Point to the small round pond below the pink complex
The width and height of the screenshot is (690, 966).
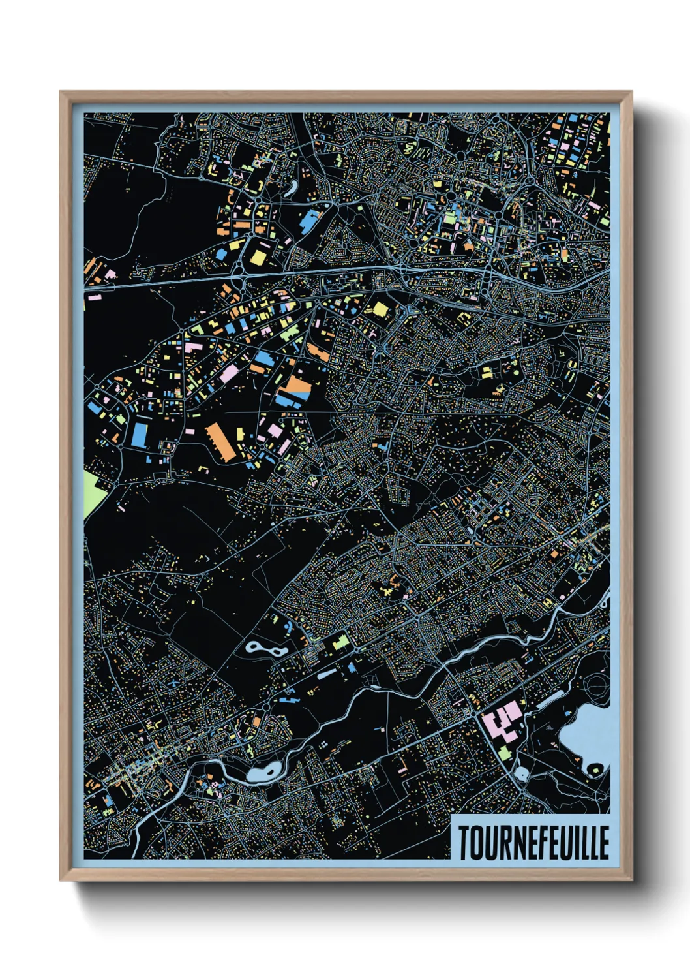(522, 775)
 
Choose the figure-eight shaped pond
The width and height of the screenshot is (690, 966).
(264, 649)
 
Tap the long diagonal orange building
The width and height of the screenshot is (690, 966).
(220, 442)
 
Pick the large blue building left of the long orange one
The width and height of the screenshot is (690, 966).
(138, 434)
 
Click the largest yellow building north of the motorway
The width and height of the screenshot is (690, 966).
(258, 257)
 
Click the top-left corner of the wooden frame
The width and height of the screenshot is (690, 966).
(61, 93)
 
